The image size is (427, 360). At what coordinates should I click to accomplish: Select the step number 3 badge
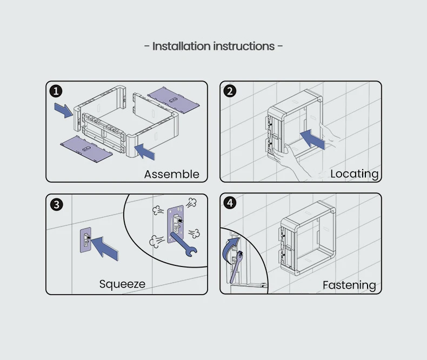57,204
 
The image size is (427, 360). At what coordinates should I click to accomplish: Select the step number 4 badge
230,203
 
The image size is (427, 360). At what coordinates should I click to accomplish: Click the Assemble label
171,174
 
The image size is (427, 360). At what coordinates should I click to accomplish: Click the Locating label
354,174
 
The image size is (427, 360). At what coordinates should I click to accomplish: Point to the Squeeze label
122,284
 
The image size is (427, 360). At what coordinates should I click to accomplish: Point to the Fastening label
349,285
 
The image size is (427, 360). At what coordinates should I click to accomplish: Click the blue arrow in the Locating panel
312,138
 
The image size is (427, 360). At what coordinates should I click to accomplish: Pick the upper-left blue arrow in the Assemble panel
64,110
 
